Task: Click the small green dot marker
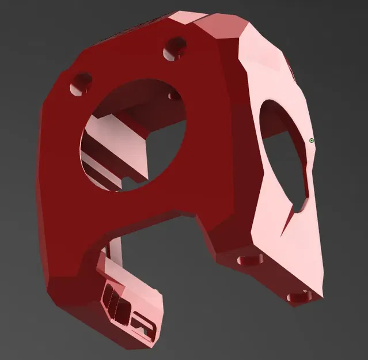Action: click(312, 140)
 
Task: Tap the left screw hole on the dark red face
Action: click(79, 79)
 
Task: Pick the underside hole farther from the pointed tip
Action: click(249, 260)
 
